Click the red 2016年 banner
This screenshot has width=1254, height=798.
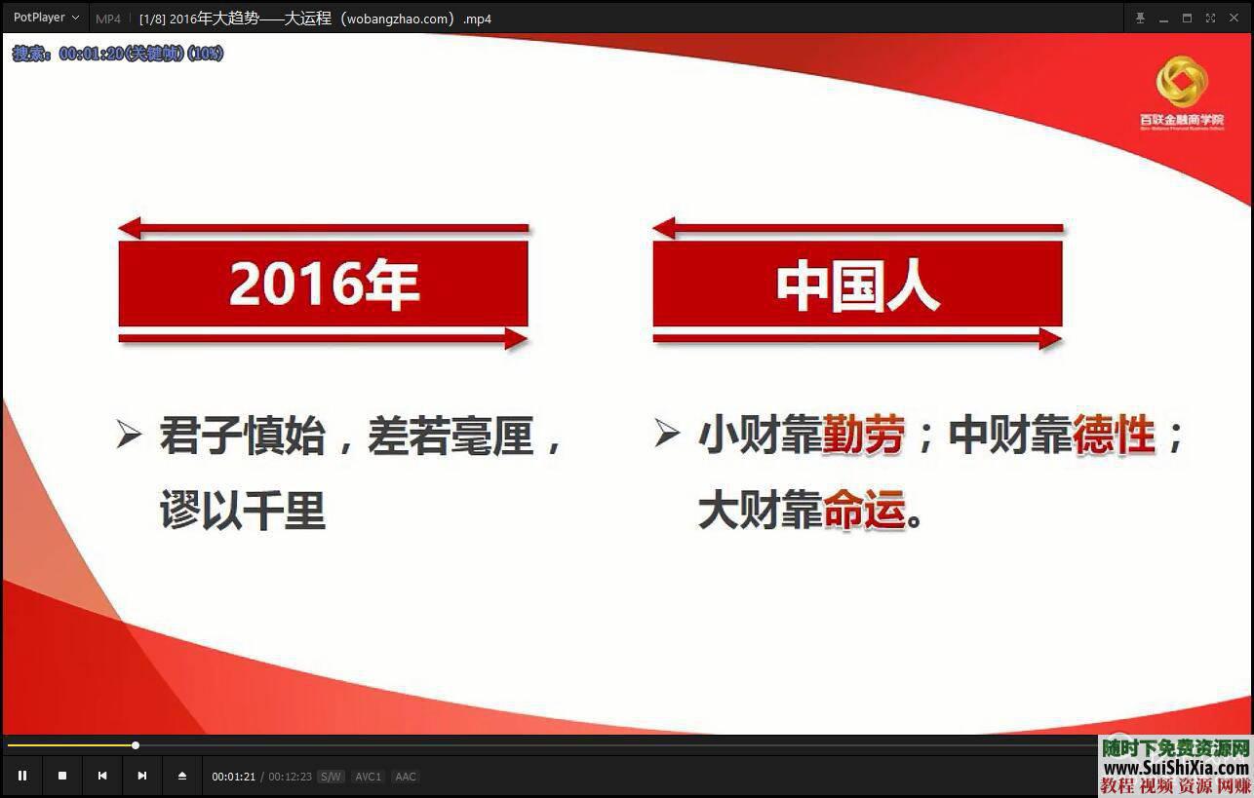pos(323,284)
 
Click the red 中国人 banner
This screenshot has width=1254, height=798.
pos(857,284)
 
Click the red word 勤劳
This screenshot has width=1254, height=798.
pos(863,435)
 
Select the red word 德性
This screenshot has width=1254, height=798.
pos(1114,435)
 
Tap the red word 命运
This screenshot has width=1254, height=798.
pos(864,510)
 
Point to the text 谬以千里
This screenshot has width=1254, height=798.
pos(243,510)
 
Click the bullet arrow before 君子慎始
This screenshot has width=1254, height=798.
pos(129,434)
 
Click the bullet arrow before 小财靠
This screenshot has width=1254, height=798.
pos(667,434)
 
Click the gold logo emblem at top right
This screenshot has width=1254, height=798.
pos(1181,82)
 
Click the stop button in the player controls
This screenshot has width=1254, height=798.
pos(62,776)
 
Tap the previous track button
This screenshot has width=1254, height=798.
pos(102,776)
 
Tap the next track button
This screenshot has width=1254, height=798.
pos(142,776)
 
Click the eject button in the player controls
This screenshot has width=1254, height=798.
pos(182,776)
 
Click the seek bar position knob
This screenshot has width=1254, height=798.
pos(136,745)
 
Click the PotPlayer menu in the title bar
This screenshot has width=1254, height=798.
pos(46,18)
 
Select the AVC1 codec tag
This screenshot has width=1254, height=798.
pos(368,777)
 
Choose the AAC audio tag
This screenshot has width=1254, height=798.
pos(406,777)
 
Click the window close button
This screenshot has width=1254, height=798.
pos(1234,18)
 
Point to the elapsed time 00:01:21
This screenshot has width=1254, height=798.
pos(234,777)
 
